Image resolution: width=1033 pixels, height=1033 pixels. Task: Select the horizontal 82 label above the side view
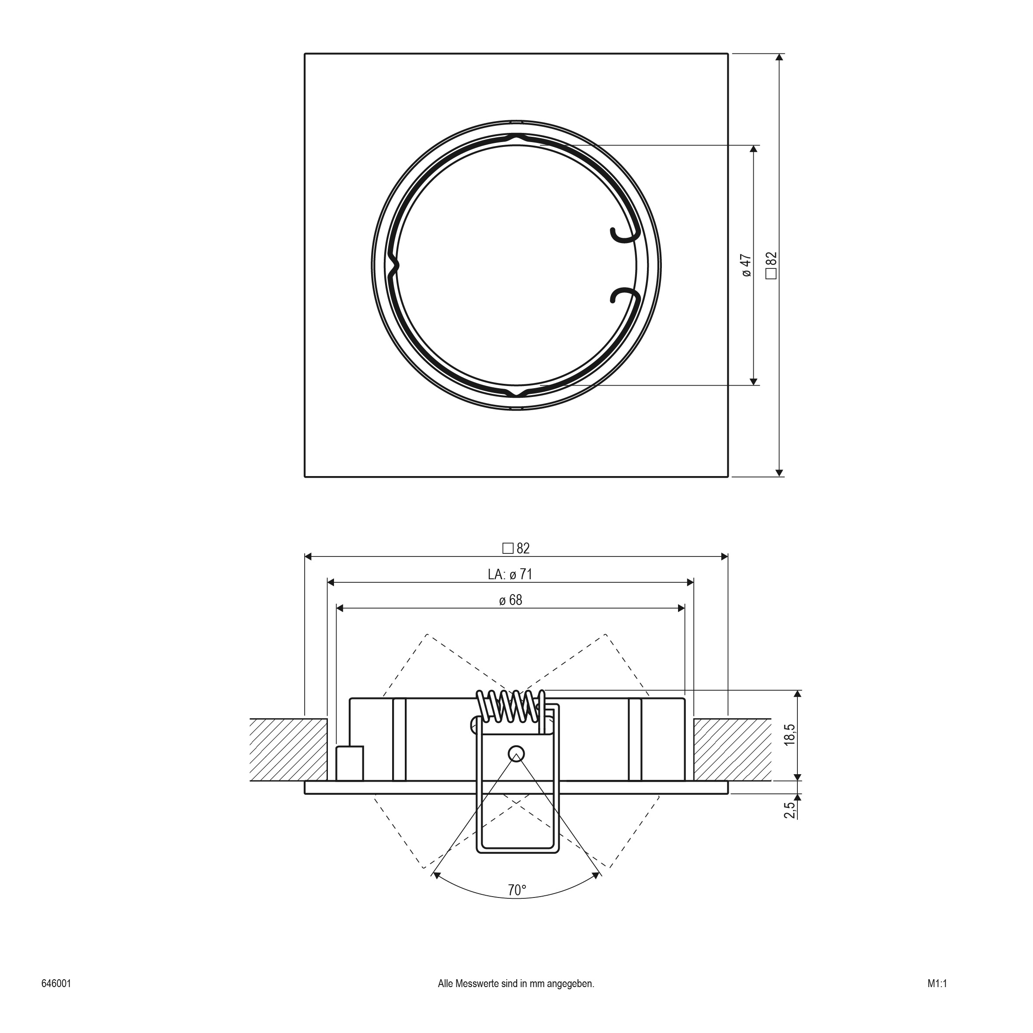tap(523, 548)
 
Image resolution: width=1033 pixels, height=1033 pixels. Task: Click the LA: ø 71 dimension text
tap(510, 574)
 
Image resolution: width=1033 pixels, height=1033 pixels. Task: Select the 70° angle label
tap(517, 890)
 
